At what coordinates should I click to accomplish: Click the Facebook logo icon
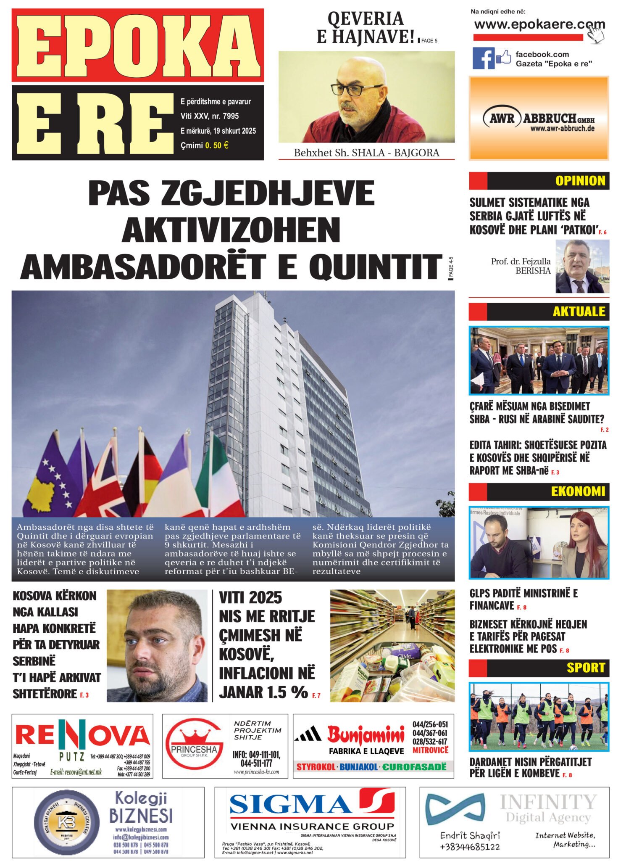pos(483,58)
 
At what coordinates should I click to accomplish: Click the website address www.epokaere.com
pos(539,24)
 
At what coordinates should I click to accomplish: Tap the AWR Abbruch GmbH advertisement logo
pos(539,120)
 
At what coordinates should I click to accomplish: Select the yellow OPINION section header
pos(580,181)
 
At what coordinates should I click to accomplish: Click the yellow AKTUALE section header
pos(579,312)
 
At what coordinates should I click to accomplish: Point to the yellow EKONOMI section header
pos(578,491)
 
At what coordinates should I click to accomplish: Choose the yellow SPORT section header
pos(586,668)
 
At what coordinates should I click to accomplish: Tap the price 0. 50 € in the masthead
pos(217,145)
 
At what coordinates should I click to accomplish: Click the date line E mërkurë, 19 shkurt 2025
pos(218,131)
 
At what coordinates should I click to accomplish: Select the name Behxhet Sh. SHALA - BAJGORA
pos(366,153)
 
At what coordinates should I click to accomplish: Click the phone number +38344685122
pos(470,847)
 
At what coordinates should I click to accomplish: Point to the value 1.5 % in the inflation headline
pos(288,692)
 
